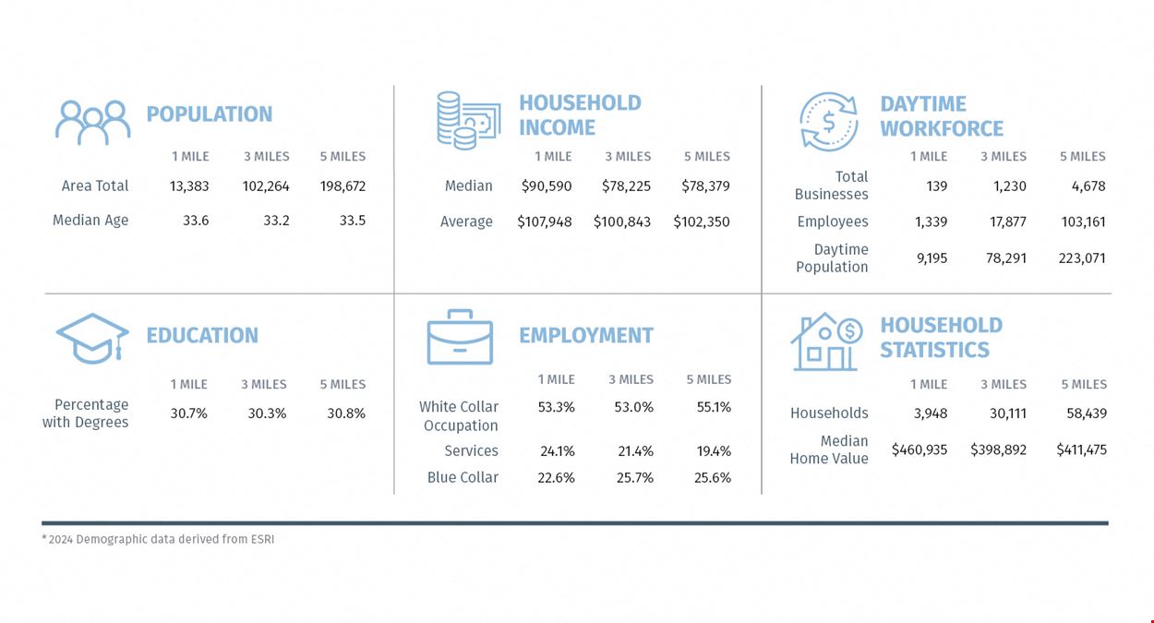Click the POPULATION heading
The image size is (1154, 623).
point(210,114)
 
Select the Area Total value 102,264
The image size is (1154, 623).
point(266,186)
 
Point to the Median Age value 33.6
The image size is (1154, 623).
point(196,221)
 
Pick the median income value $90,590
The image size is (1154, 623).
point(547,186)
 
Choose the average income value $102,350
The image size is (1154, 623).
point(701,222)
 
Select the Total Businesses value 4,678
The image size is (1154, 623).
point(1088,186)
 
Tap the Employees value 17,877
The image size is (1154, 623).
point(1008,222)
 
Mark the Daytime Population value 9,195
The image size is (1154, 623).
point(932,258)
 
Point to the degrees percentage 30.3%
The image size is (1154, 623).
point(267,413)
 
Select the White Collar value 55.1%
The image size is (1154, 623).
point(714,407)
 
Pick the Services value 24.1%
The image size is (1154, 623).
point(558,451)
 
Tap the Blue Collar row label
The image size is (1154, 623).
point(463,477)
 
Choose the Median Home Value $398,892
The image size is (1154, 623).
point(998,449)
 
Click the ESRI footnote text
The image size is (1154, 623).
point(158,539)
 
